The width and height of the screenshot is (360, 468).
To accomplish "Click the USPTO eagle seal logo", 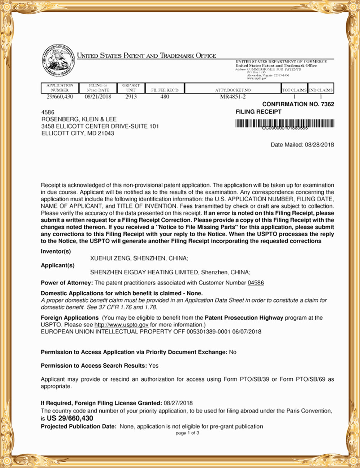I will pyautogui.click(x=58, y=60).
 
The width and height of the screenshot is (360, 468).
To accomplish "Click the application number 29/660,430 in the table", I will pyautogui.click(x=60, y=96).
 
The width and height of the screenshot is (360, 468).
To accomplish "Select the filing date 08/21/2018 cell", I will pyautogui.click(x=98, y=96).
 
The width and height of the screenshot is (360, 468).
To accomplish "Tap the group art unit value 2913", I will pyautogui.click(x=131, y=96).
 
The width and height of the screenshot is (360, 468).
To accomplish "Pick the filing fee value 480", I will pyautogui.click(x=165, y=96).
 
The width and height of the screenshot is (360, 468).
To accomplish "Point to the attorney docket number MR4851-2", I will pyautogui.click(x=233, y=96).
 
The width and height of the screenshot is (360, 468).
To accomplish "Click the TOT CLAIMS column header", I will pyautogui.click(x=294, y=90).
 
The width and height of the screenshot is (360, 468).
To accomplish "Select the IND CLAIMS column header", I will pyautogui.click(x=321, y=90).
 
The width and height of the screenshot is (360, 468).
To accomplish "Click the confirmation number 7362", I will pyautogui.click(x=327, y=104).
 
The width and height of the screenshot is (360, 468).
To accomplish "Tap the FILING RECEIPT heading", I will pyautogui.click(x=258, y=112).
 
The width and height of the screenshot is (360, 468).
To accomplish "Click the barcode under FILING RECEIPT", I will pyautogui.click(x=284, y=124).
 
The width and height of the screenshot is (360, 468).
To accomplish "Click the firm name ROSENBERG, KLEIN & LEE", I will pyautogui.click(x=79, y=119).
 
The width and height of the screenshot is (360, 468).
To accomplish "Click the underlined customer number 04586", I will pyautogui.click(x=256, y=283).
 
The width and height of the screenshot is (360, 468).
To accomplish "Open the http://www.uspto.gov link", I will pyautogui.click(x=121, y=325).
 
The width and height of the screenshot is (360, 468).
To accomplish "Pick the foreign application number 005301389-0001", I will pyautogui.click(x=208, y=332).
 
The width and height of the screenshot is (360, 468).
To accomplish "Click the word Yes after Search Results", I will pyautogui.click(x=153, y=366).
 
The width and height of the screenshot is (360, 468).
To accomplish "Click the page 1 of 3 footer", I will pyautogui.click(x=187, y=433).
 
